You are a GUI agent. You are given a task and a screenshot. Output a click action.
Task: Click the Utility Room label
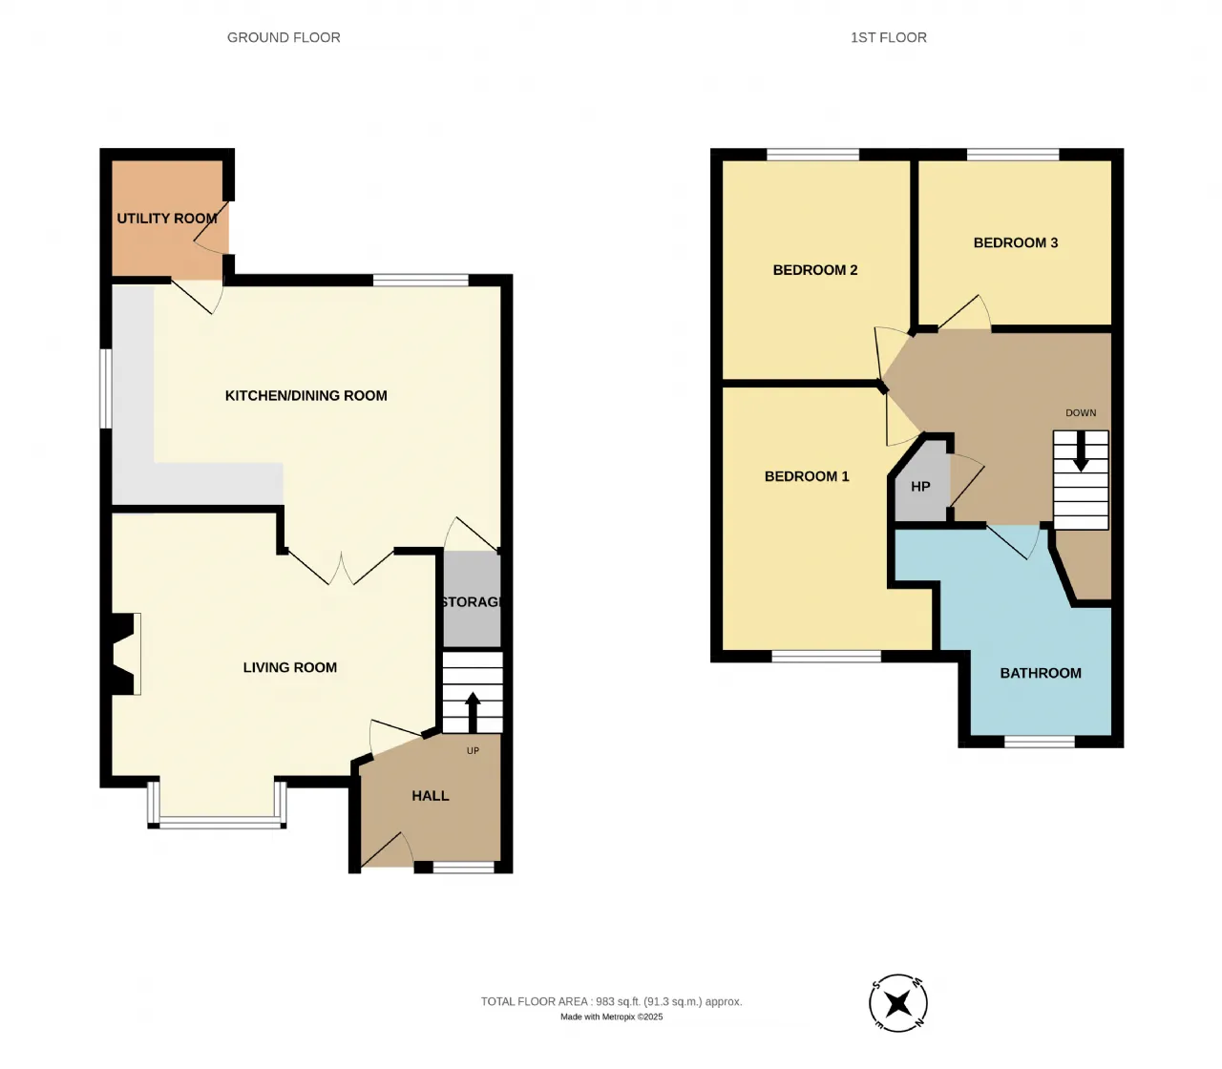[167, 219]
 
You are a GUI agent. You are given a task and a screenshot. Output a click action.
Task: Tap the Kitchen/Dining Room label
[305, 395]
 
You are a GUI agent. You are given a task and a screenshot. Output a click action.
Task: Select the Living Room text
[289, 667]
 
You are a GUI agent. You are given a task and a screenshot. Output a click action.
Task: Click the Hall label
[430, 795]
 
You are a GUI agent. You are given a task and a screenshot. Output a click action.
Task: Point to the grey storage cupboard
[472, 599]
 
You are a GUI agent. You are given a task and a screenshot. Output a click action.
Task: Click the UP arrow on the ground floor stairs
[473, 712]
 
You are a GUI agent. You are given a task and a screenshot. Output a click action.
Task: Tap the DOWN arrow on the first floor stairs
[1081, 451]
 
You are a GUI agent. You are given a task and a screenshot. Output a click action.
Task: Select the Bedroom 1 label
[807, 476]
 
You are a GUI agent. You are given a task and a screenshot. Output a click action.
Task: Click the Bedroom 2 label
[814, 270]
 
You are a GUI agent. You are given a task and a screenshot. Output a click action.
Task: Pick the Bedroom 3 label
[1016, 242]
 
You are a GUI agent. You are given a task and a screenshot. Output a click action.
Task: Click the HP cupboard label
[920, 487]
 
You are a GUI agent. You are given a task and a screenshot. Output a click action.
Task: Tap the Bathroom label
[1041, 673]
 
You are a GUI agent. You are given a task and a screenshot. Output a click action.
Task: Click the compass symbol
[898, 1003]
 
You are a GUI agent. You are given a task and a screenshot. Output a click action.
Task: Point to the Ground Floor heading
[284, 37]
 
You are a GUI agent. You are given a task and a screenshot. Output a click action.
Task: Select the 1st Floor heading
[889, 37]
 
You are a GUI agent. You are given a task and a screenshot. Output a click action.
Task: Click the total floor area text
[612, 1001]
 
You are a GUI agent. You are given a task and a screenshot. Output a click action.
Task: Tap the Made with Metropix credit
[612, 1017]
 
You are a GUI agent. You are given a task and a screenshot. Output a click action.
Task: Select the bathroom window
[1040, 742]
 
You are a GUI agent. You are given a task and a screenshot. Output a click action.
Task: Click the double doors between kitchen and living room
[341, 567]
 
